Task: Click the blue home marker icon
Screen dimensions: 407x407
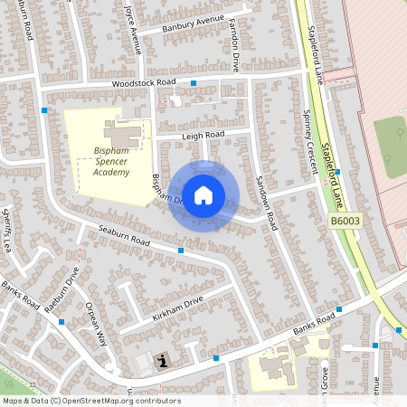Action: click(203, 195)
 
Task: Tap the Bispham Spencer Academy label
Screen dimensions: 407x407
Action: click(111, 163)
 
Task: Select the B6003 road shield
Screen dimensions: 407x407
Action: click(344, 221)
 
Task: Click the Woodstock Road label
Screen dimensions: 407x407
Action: click(144, 83)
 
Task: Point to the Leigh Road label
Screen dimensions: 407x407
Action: click(203, 136)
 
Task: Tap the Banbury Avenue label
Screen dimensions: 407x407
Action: click(192, 24)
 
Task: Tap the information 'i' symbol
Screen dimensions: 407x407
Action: click(163, 362)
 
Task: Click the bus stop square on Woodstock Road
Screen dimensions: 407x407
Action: click(194, 83)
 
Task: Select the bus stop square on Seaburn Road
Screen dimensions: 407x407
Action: click(182, 250)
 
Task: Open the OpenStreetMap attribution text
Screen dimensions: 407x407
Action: click(90, 401)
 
